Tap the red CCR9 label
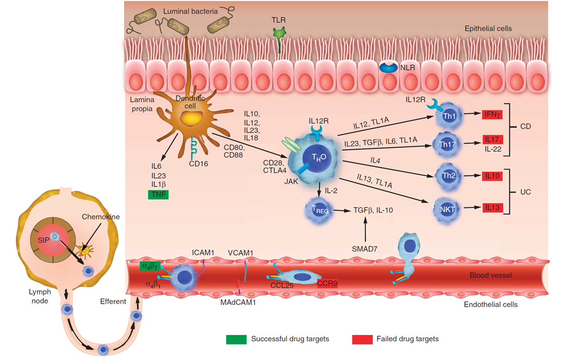(x=327, y=283)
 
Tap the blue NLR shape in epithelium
(x=388, y=67)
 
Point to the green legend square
(x=236, y=339)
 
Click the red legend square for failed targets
(x=362, y=339)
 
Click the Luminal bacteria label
(x=186, y=10)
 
